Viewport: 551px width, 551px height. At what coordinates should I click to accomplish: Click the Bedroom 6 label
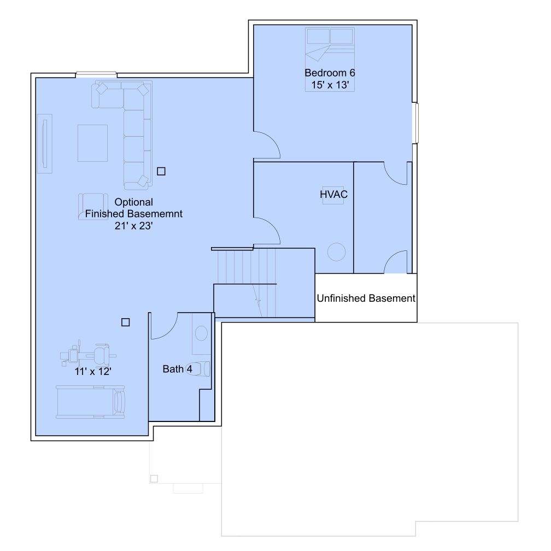click(x=330, y=73)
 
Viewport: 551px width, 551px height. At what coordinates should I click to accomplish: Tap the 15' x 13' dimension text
click(x=330, y=85)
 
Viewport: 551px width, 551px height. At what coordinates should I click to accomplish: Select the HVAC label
click(x=333, y=195)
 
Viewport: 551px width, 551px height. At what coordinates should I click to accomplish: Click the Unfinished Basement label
click(x=366, y=298)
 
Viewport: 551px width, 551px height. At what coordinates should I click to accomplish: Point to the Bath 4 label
click(x=177, y=369)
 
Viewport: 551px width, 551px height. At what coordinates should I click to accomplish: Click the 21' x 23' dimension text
click(x=133, y=226)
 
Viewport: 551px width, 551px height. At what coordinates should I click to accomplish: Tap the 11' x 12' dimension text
click(x=93, y=372)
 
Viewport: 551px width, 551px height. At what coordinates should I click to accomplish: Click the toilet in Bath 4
click(x=199, y=369)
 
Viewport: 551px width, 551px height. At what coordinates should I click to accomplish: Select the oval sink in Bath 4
click(x=201, y=333)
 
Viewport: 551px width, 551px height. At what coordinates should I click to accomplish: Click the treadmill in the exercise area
click(x=90, y=402)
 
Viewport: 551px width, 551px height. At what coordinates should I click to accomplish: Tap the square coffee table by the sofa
click(x=92, y=143)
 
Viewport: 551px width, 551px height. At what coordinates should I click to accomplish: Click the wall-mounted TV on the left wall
click(x=45, y=144)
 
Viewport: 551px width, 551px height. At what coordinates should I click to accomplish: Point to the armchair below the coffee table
click(x=93, y=207)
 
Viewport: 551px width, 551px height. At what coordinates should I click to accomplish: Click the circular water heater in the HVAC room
click(x=336, y=252)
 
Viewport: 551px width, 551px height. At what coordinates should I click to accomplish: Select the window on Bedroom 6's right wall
click(x=417, y=123)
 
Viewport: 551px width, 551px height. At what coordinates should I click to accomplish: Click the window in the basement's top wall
click(x=96, y=73)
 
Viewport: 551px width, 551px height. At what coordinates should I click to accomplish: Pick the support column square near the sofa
click(x=161, y=171)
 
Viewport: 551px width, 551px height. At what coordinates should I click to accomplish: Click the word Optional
click(x=133, y=202)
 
